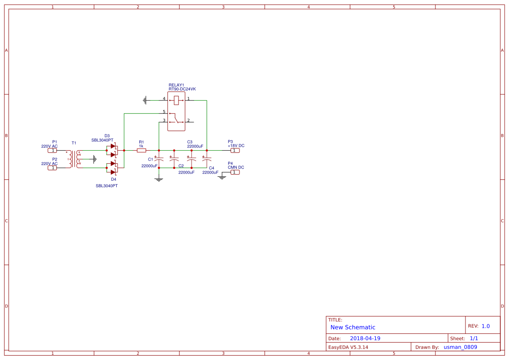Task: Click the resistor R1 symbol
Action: tap(141, 150)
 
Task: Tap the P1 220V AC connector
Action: tap(52, 151)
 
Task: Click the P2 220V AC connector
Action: tap(52, 168)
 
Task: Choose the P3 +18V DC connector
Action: tap(235, 150)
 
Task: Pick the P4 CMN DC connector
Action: tap(235, 172)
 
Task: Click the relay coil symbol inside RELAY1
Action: tap(176, 100)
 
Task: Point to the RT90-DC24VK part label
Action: tap(182, 89)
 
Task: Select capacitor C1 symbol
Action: tap(159, 159)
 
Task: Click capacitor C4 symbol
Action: tap(207, 159)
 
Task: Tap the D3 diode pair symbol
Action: tap(113, 150)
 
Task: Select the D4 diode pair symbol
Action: tap(113, 168)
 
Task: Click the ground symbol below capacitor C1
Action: tap(159, 179)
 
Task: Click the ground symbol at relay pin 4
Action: tap(145, 100)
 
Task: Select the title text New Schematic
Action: tap(353, 327)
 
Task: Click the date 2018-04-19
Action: tap(365, 338)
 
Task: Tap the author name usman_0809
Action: tap(460, 347)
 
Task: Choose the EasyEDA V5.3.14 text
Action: tap(348, 347)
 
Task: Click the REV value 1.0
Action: tap(485, 326)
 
